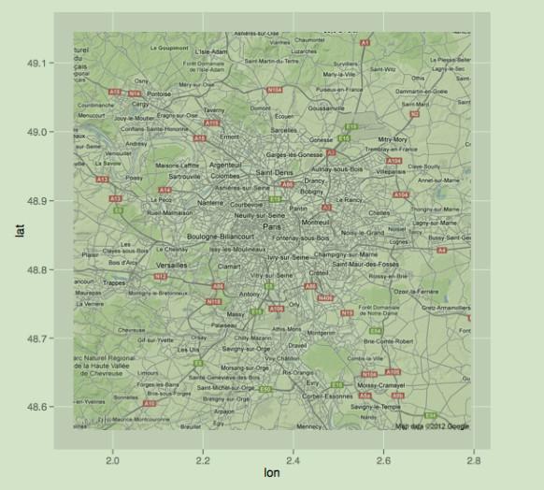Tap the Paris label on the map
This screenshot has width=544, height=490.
coord(273,227)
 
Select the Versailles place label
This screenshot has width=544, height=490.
coord(171,266)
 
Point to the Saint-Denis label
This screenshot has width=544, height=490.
coord(276,173)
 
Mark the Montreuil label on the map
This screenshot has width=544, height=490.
coord(317,223)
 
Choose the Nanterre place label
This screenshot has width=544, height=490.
coord(211,202)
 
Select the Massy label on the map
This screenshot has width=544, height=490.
coord(236,314)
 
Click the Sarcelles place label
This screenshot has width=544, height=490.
coord(283,131)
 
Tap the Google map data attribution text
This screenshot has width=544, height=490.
coord(432,426)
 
